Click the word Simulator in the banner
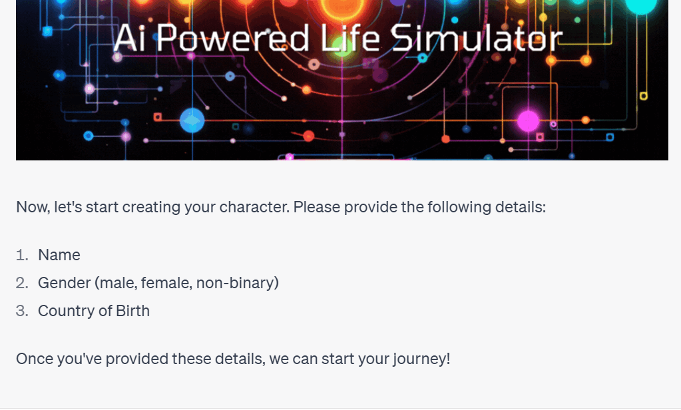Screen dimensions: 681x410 [476, 38]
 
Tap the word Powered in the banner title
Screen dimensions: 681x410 [233, 38]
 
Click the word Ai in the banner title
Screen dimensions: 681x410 [129, 38]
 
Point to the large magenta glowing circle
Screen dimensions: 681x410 [528, 120]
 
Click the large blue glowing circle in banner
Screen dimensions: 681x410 [192, 120]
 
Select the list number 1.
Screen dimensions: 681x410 [22, 255]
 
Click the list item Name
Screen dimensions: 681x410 [59, 255]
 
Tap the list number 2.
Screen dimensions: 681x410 [22, 283]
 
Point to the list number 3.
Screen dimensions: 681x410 [22, 311]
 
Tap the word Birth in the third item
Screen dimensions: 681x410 [132, 311]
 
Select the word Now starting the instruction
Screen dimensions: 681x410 [33, 208]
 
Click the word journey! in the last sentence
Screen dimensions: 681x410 [421, 359]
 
